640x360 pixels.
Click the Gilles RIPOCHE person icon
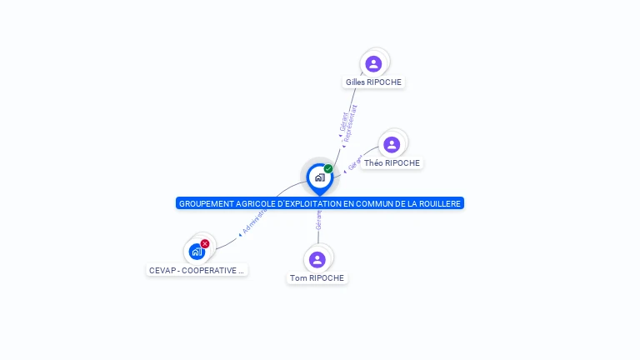[373, 63]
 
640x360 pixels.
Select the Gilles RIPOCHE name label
[374, 82]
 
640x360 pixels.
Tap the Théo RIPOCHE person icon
[392, 145]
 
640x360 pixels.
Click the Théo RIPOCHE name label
[392, 163]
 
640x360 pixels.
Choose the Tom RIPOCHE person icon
[317, 259]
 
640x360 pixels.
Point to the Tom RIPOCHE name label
[317, 278]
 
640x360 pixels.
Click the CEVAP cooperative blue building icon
[197, 251]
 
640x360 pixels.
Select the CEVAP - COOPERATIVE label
[197, 271]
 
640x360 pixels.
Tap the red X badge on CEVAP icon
[205, 243]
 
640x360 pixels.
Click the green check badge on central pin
[328, 168]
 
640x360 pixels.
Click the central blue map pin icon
[319, 177]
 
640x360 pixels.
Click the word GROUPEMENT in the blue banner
[203, 203]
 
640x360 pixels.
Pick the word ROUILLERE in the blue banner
[441, 203]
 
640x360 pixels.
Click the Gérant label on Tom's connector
[317, 220]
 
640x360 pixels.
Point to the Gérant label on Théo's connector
[353, 162]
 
